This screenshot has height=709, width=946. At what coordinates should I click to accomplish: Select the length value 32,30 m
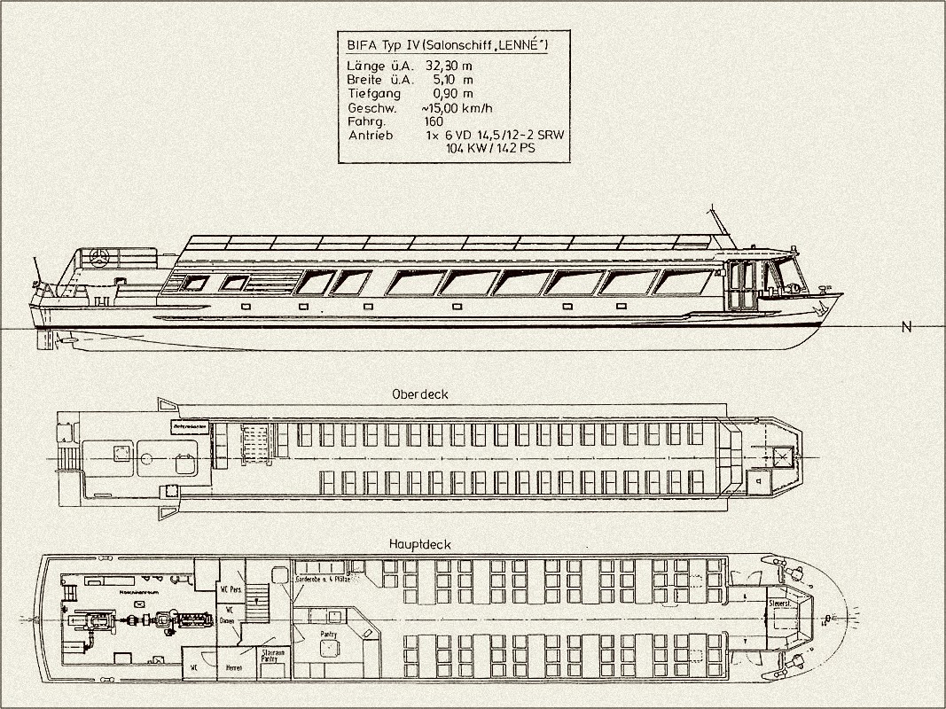(450, 66)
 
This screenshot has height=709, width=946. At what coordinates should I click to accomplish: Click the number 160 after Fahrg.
(434, 121)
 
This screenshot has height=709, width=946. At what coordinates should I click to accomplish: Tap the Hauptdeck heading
(419, 544)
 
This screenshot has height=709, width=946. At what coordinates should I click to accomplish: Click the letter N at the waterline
(906, 327)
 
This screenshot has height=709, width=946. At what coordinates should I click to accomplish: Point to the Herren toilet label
(233, 666)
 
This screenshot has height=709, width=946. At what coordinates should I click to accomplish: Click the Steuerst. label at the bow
(781, 603)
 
